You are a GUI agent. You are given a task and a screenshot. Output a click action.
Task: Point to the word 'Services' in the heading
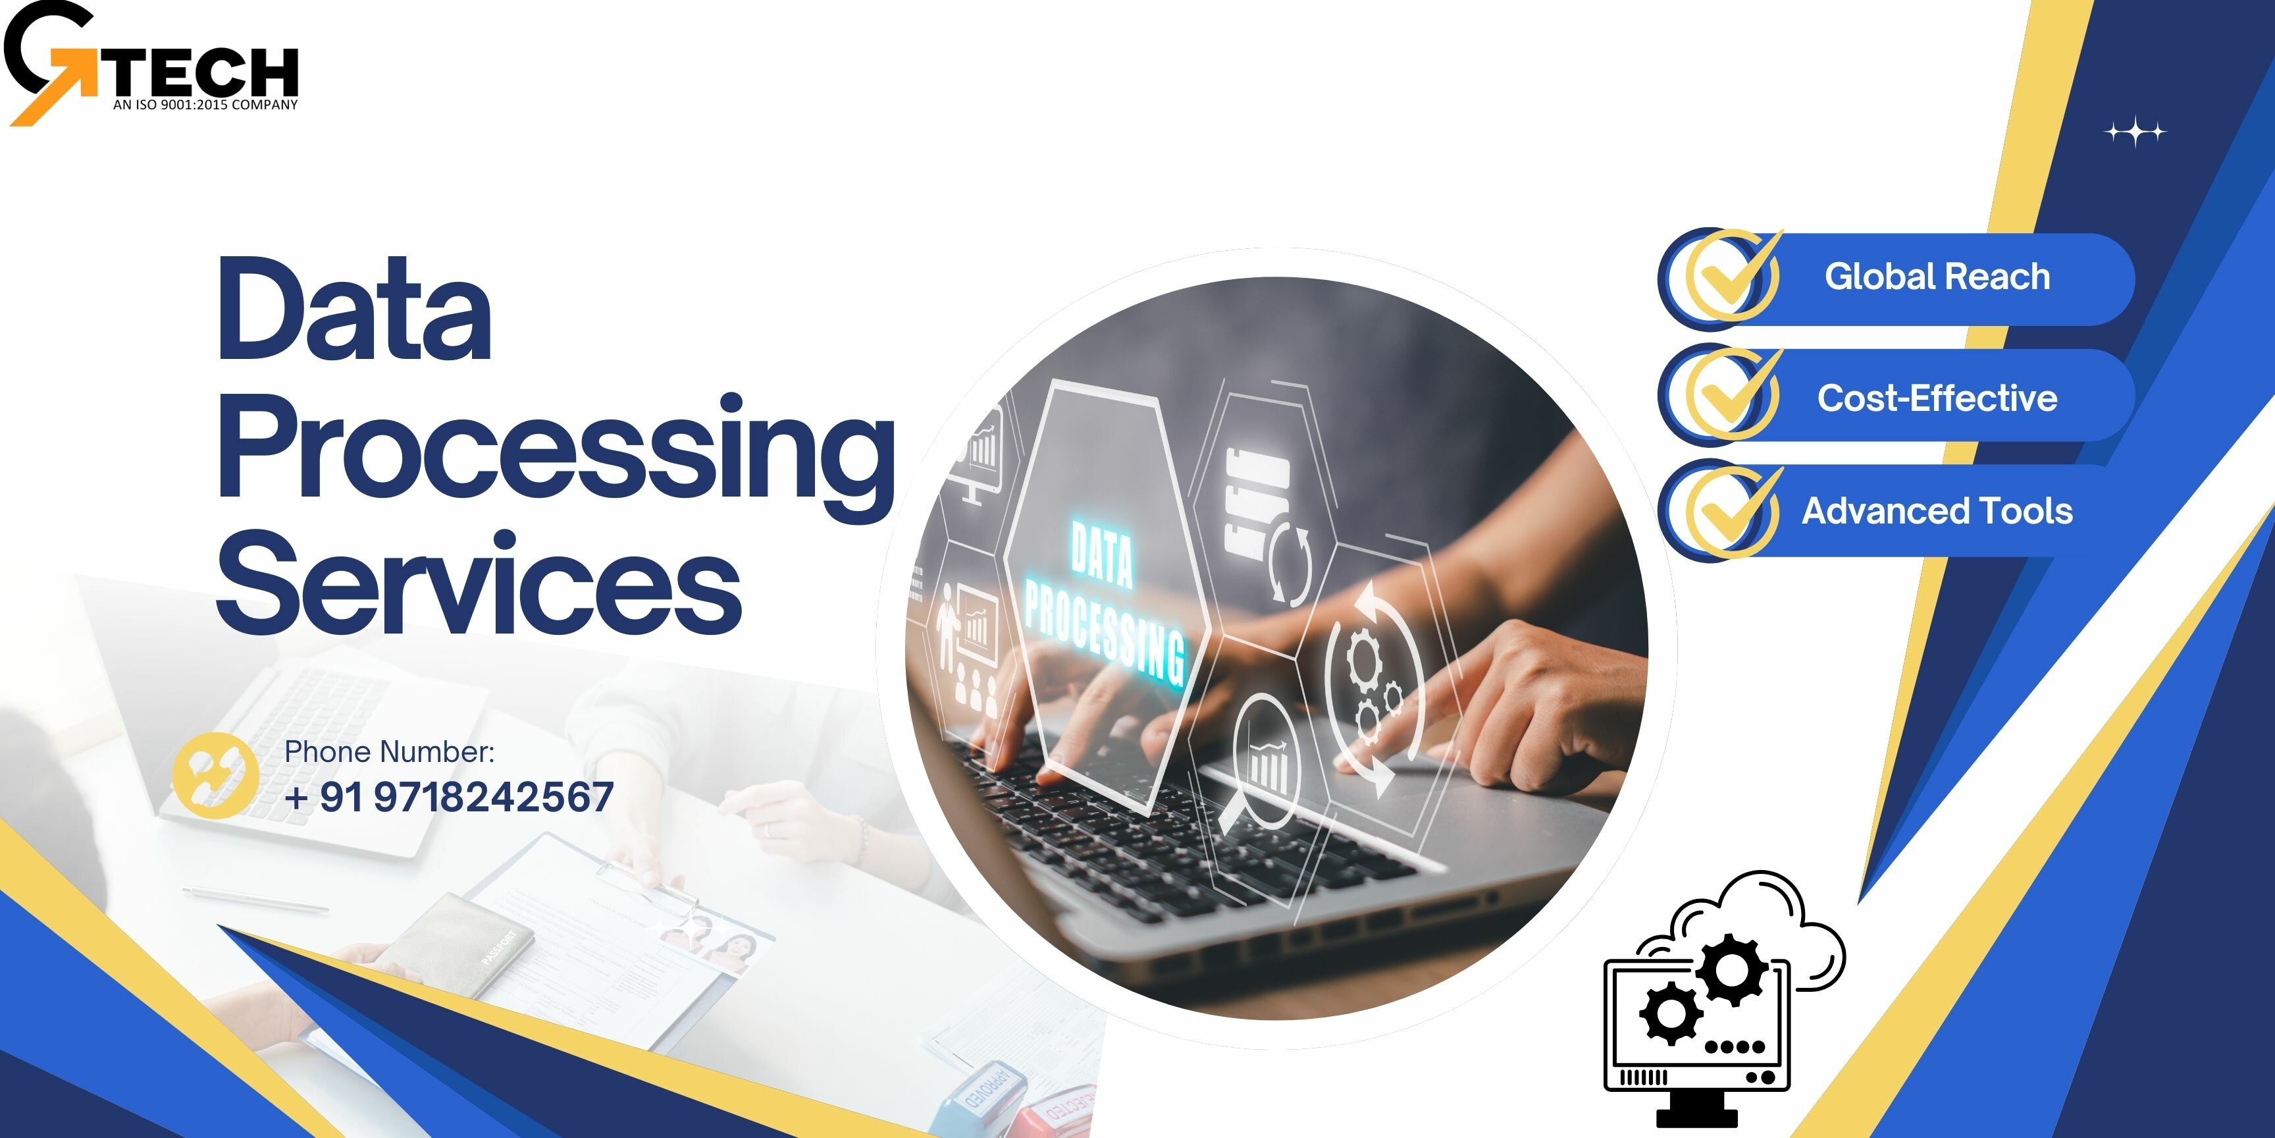pyautogui.click(x=479, y=582)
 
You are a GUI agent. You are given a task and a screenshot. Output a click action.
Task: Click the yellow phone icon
pyautogui.click(x=215, y=774)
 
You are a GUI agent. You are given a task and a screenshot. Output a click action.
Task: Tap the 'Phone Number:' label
pyautogui.click(x=390, y=752)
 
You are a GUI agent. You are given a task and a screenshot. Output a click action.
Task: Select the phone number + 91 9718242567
pyautogui.click(x=450, y=797)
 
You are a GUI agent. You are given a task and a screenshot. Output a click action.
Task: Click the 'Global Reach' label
pyautogui.click(x=1938, y=277)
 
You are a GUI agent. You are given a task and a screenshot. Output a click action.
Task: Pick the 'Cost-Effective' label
pyautogui.click(x=1938, y=398)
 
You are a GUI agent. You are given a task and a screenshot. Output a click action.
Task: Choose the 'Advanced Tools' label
pyautogui.click(x=1938, y=510)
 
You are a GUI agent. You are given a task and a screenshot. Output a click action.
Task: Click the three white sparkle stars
pyautogui.click(x=2135, y=132)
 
